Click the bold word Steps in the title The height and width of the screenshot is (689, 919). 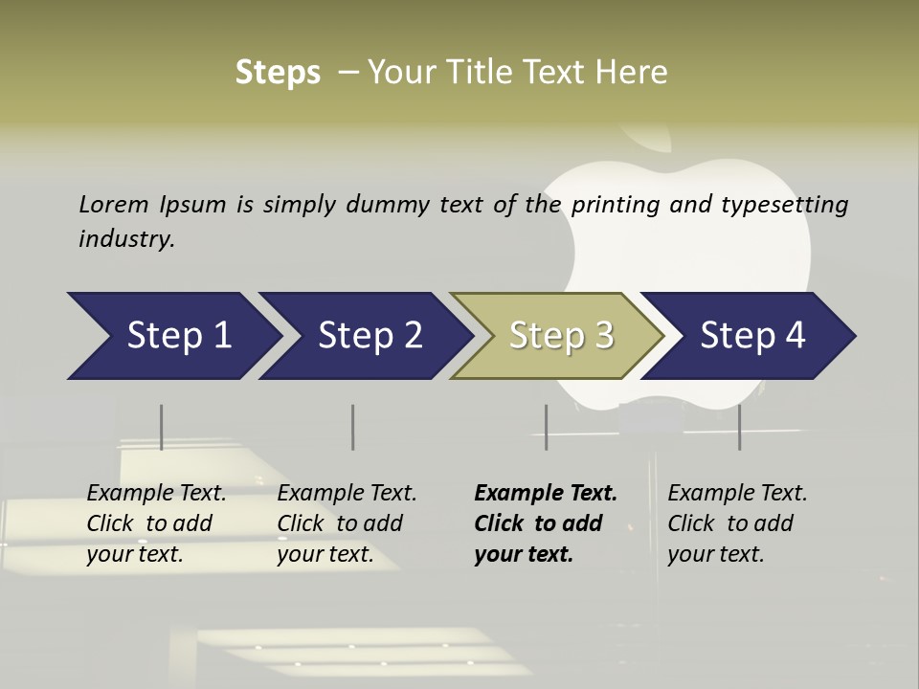point(278,73)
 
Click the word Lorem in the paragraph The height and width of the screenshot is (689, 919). point(114,204)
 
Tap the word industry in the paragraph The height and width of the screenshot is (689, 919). point(125,239)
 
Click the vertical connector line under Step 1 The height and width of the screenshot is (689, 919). point(161,427)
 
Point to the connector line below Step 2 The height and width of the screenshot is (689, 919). point(352,427)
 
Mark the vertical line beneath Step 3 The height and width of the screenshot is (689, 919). point(546,427)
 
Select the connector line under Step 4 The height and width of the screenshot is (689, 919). point(739,427)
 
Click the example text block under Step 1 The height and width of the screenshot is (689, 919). point(156,523)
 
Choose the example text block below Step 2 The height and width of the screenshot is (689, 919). point(347,523)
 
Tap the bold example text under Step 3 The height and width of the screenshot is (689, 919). point(546,523)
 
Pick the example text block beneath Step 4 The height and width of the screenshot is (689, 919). point(737,523)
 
